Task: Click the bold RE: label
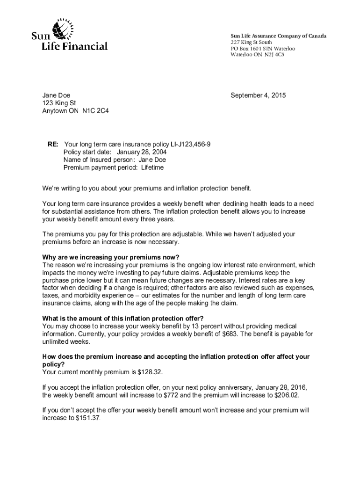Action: point(52,145)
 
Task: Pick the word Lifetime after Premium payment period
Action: point(149,167)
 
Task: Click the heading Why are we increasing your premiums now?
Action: point(111,257)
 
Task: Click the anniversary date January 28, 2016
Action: point(278,387)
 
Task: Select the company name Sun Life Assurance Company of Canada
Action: point(278,36)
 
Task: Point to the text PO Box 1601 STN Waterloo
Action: point(263,49)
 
